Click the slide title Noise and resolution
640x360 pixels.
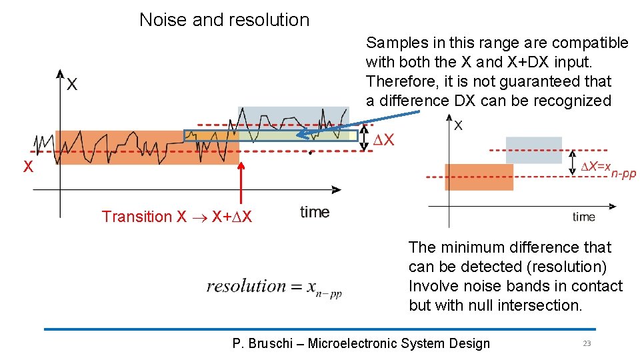coord(224,20)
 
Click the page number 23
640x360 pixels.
coord(587,343)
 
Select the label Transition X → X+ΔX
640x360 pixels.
coord(177,217)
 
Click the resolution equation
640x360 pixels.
coord(274,287)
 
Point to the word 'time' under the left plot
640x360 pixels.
coord(315,212)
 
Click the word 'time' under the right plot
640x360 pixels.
coord(583,217)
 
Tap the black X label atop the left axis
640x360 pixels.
coord(72,85)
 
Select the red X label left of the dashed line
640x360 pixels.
coord(27,167)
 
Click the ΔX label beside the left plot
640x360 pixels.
coord(383,141)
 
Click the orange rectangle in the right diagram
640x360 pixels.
coord(479,177)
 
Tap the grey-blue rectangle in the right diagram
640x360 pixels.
coord(533,150)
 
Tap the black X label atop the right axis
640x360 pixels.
coord(459,125)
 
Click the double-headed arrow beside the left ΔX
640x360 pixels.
coord(363,139)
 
